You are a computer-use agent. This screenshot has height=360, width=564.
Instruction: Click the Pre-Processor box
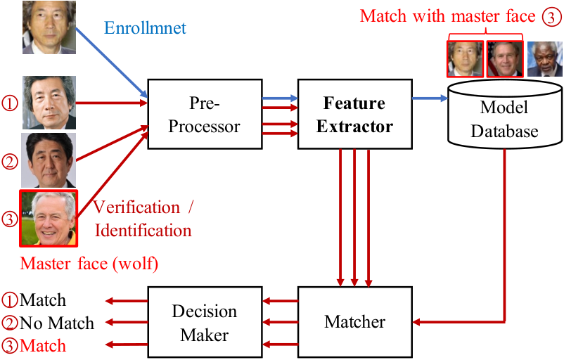[x=205, y=114]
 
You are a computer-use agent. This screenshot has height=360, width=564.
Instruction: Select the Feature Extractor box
[x=354, y=114]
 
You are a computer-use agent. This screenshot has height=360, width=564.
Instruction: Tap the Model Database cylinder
[x=505, y=115]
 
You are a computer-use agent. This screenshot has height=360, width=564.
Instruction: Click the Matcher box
[x=354, y=321]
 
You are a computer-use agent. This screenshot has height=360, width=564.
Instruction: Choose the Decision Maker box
[x=205, y=321]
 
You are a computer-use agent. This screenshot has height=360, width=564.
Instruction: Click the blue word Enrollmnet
[x=145, y=28]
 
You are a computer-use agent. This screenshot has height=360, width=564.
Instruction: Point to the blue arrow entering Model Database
[x=430, y=98]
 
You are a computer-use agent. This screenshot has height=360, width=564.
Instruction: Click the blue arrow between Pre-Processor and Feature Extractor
[x=280, y=98]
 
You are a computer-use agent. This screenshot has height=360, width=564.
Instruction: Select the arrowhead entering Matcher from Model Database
[x=416, y=322]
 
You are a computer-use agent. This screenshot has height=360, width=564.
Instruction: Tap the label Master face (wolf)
[x=89, y=264]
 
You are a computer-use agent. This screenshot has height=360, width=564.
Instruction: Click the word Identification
[x=143, y=231]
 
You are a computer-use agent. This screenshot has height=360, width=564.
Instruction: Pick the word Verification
[x=136, y=207]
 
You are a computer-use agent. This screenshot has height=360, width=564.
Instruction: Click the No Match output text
[x=57, y=323]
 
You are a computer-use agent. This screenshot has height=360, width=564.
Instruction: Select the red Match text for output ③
[x=43, y=346]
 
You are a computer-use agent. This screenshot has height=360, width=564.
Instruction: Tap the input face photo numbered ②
[x=49, y=160]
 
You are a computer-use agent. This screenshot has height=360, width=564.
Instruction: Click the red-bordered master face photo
[x=49, y=218]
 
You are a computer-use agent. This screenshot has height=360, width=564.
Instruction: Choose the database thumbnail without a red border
[x=544, y=59]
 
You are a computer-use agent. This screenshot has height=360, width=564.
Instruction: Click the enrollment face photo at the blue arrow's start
[x=49, y=27]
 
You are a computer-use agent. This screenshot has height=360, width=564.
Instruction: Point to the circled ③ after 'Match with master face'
[x=551, y=17]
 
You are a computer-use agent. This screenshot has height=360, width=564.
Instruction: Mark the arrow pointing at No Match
[x=127, y=322]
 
